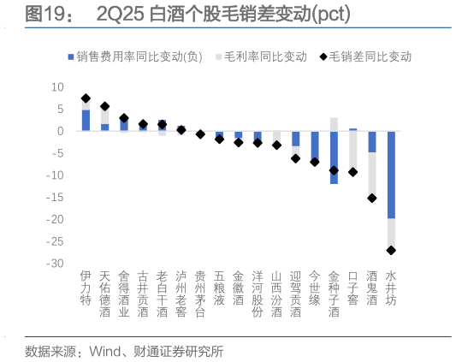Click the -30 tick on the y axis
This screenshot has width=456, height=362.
coord(56,264)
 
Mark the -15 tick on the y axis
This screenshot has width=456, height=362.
coord(56,198)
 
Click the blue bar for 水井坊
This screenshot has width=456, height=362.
coord(391,175)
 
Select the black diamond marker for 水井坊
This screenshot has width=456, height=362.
coord(391,250)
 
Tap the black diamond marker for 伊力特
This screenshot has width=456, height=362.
coord(86,98)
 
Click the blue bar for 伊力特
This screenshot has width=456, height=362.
coord(86,120)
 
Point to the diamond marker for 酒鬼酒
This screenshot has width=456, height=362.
coord(372,198)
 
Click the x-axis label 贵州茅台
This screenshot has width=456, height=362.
coord(200,289)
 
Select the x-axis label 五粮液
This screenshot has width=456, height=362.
coord(219,289)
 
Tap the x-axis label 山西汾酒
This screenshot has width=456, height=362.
coord(276,295)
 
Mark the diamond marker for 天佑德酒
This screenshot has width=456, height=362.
coord(104,107)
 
